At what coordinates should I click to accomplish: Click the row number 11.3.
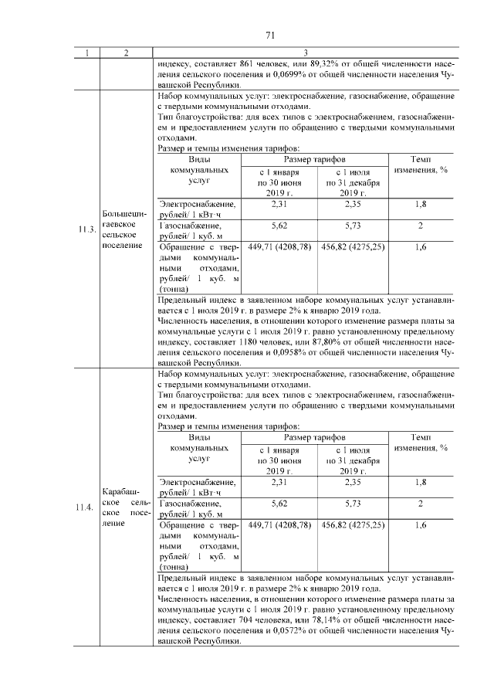coord(86,229)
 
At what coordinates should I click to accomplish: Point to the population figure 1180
coord(255,341)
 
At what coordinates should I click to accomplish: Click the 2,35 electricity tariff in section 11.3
coord(353,204)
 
